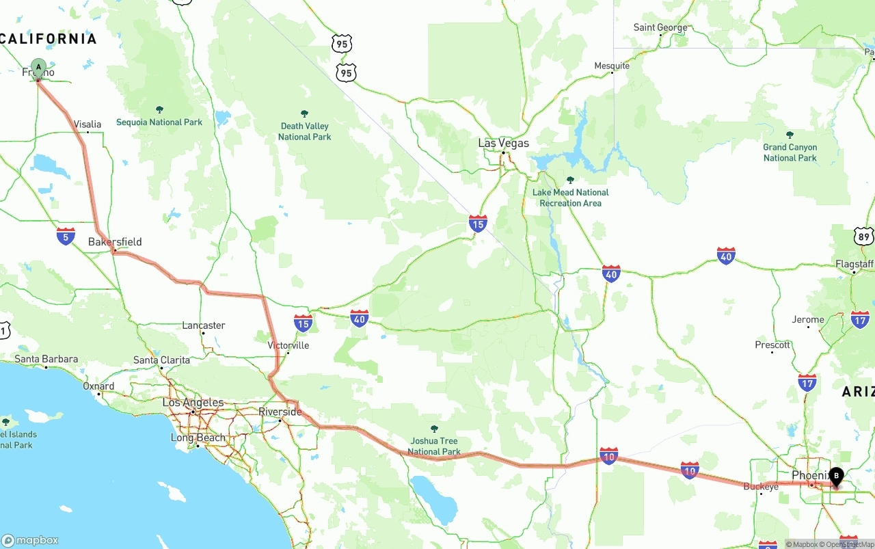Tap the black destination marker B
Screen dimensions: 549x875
tap(836, 476)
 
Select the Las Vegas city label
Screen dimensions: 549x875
tap(503, 143)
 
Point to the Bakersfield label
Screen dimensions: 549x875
tap(115, 241)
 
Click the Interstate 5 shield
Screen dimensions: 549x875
tap(66, 237)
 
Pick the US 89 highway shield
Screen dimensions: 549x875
tap(864, 237)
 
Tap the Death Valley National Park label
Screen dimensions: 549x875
tap(304, 131)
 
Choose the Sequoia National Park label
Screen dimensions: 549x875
tap(159, 122)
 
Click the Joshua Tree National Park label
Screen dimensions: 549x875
tap(434, 446)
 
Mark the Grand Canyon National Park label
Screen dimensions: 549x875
tap(790, 152)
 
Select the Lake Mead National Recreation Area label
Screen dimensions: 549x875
tap(570, 198)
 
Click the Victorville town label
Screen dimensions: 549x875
tap(288, 345)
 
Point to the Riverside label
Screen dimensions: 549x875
tap(280, 412)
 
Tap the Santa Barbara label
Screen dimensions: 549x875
tap(46, 359)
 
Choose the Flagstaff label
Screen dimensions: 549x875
tap(854, 264)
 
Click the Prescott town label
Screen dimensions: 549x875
tap(772, 345)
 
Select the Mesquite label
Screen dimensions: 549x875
tap(612, 66)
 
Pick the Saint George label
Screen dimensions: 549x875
tap(660, 27)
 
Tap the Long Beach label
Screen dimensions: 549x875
tap(198, 438)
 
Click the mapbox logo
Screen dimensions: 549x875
tap(30, 540)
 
